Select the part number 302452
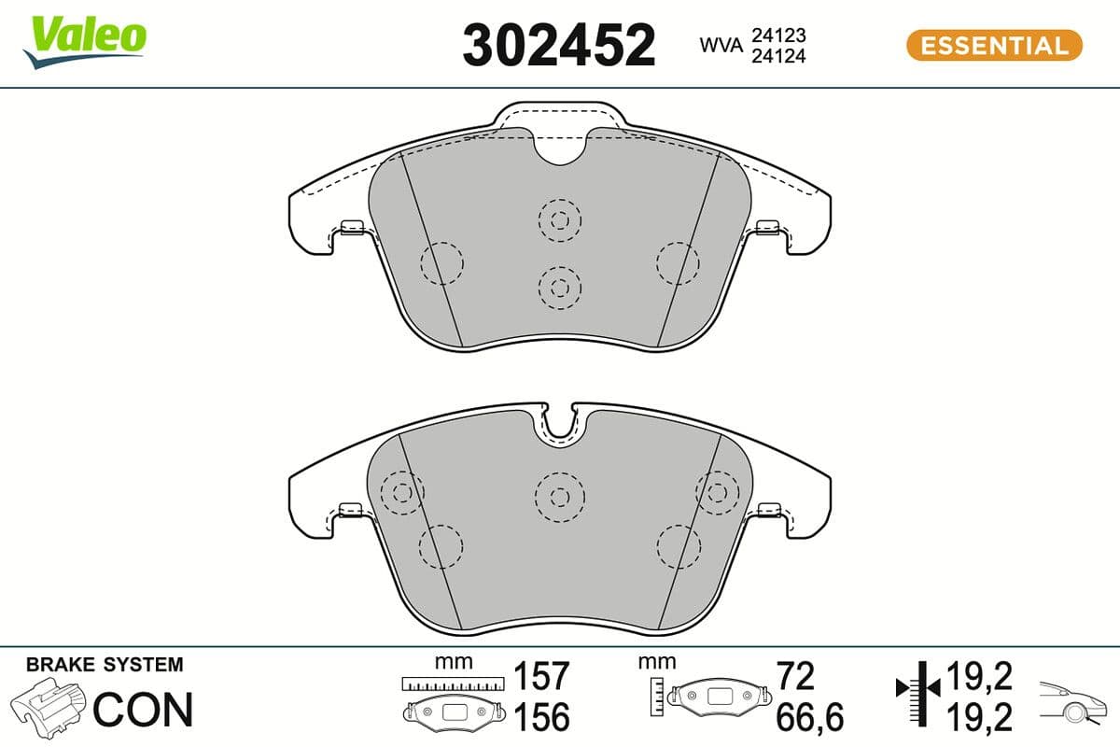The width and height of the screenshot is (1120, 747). (x=559, y=44)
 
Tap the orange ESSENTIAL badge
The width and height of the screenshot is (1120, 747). (x=994, y=45)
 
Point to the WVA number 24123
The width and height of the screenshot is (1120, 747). (x=778, y=35)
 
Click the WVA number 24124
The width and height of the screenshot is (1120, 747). (x=778, y=56)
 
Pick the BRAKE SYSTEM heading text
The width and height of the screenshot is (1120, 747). (x=105, y=665)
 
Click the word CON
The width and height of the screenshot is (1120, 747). (x=144, y=710)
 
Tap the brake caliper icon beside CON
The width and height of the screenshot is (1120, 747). (x=49, y=709)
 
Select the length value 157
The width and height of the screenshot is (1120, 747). (x=542, y=675)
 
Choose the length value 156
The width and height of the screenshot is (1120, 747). (x=542, y=717)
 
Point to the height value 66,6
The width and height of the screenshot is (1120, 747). (x=810, y=717)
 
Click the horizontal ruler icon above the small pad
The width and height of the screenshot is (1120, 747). (x=452, y=684)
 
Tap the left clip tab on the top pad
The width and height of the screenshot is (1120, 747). (x=351, y=226)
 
